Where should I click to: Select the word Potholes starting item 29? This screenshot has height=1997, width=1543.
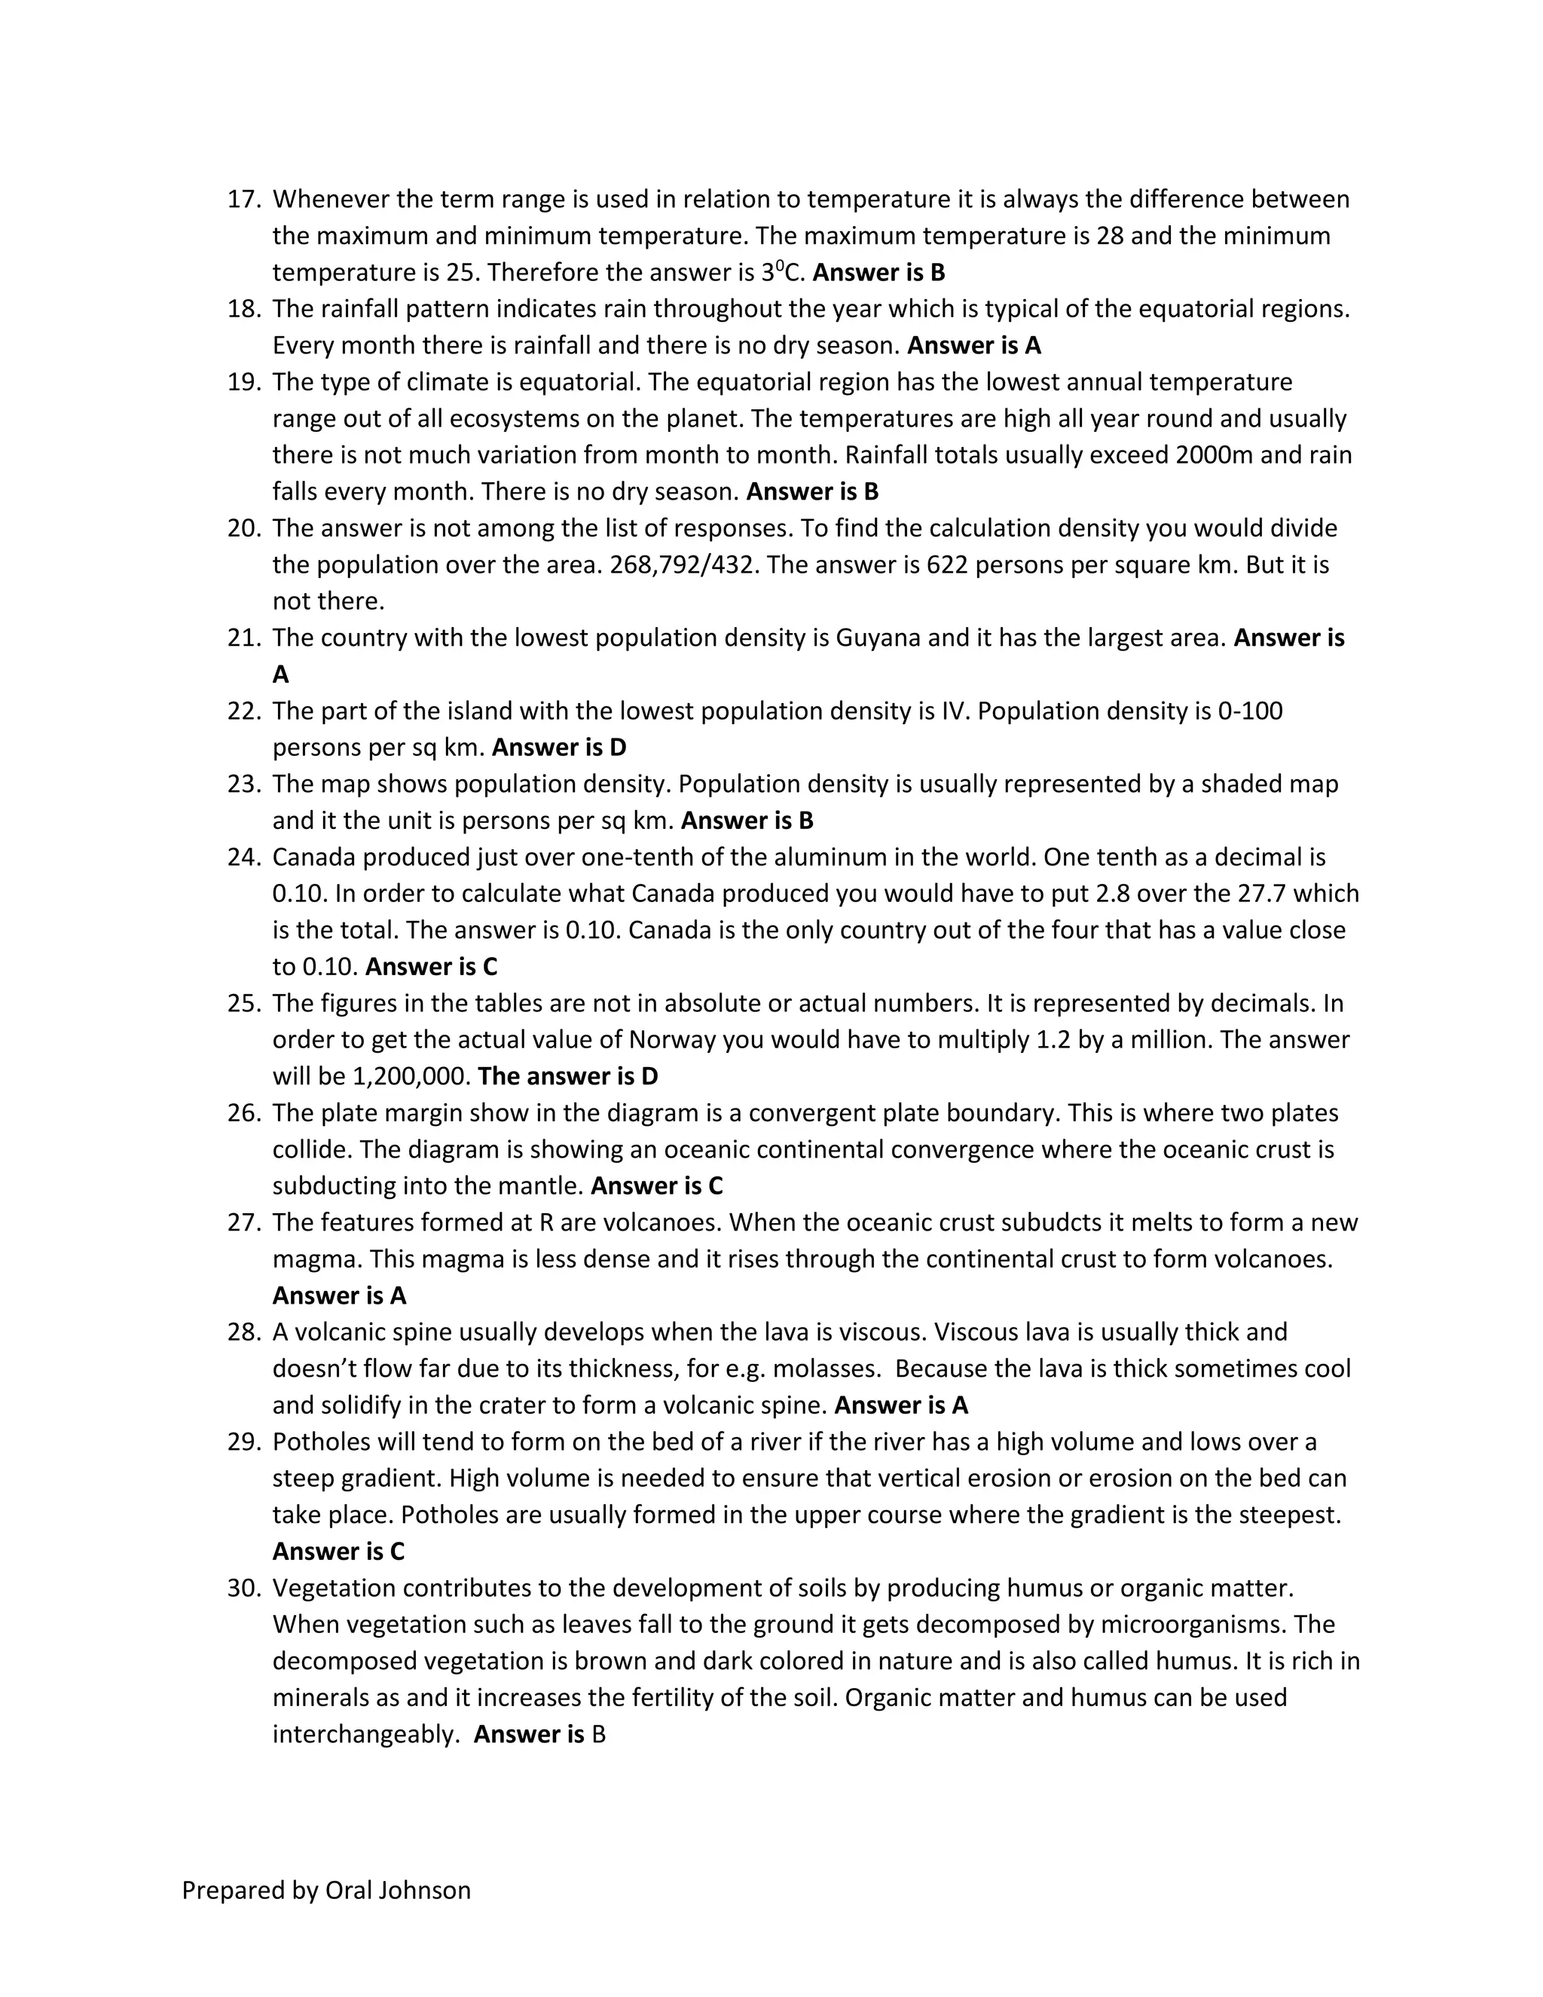click(320, 1442)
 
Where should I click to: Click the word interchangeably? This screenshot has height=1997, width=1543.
click(365, 1735)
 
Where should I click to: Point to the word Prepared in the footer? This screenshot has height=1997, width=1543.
click(231, 1890)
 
